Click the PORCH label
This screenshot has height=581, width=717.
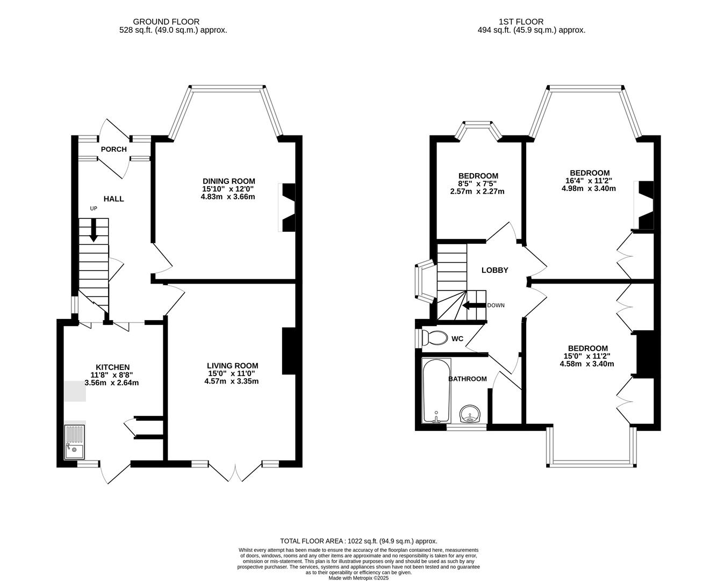point(114,149)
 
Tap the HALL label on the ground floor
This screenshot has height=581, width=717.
point(114,199)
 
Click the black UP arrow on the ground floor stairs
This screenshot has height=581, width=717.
point(94,230)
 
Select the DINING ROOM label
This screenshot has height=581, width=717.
point(228,181)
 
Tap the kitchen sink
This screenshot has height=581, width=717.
point(74,442)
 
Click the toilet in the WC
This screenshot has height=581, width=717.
point(435,338)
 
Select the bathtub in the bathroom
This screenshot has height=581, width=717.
point(436,391)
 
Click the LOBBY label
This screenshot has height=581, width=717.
point(494,270)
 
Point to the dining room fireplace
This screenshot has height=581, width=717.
point(288,208)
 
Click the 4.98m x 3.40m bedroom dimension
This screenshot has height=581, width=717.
point(589,188)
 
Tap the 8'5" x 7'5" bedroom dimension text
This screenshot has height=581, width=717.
point(478,183)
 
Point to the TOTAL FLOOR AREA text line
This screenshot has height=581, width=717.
point(358,541)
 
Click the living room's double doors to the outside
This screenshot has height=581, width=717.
point(235,472)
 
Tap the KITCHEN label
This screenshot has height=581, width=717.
point(112,367)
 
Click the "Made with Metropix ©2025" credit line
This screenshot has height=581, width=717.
point(358,578)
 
